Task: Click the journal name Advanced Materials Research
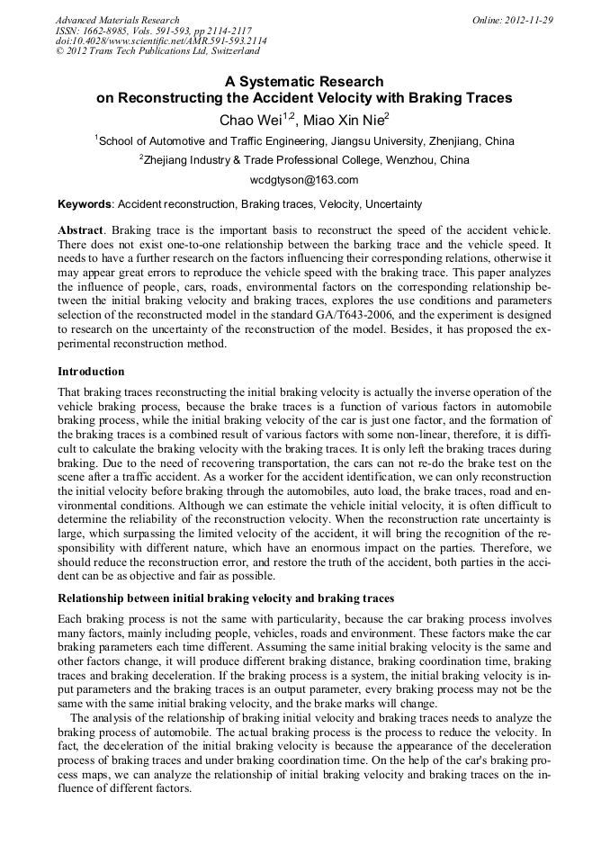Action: (x=117, y=20)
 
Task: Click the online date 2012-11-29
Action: (x=525, y=20)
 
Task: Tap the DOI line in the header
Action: (x=161, y=41)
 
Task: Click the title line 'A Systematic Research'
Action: (x=304, y=81)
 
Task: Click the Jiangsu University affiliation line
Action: (x=305, y=141)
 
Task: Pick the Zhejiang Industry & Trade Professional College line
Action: (x=305, y=160)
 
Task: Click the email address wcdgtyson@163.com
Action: (x=304, y=180)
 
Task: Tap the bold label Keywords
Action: (x=85, y=204)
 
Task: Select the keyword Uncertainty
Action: (x=392, y=204)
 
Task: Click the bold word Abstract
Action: (x=80, y=230)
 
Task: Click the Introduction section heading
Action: (x=91, y=371)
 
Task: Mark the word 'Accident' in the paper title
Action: (x=293, y=98)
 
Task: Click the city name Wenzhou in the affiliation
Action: (x=417, y=160)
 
